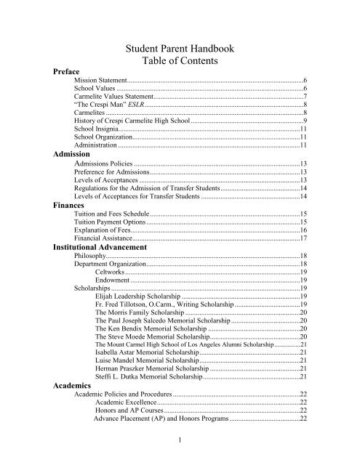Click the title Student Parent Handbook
pos(180,50)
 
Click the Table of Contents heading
pos(180,64)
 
